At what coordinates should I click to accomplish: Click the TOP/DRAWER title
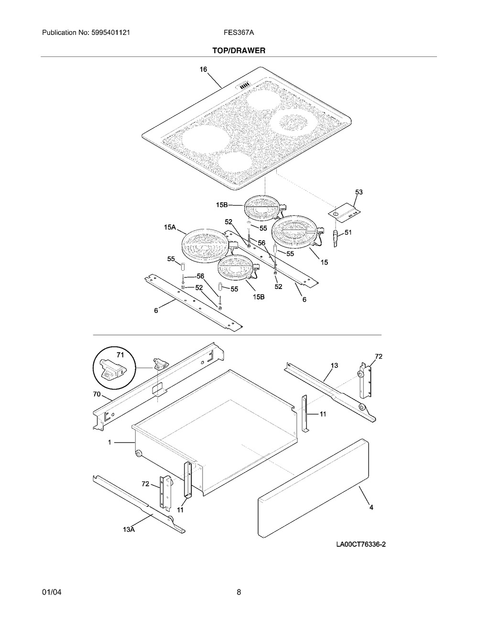pos(239,50)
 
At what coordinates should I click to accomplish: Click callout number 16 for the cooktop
pos(204,69)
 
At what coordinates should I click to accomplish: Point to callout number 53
pos(358,192)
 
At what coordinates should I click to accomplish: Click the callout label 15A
pos(170,228)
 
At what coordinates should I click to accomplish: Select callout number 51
pos(348,233)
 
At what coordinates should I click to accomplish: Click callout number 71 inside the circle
pos(120,354)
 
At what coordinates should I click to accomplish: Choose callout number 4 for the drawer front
pos(371,508)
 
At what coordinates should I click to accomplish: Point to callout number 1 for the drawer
pos(109,443)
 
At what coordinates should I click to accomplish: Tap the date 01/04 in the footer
pos(52,592)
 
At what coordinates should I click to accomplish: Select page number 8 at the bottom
pos(239,592)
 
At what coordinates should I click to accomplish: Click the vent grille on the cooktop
pos(245,87)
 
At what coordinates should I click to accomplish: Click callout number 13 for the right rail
pos(334,365)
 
